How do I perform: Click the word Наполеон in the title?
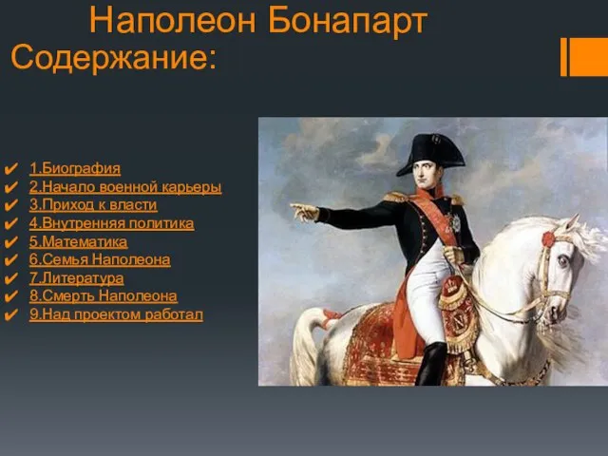(x=173, y=21)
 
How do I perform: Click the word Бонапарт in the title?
(x=348, y=21)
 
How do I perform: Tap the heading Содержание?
(x=113, y=57)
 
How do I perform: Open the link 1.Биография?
(x=75, y=169)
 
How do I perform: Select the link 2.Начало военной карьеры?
(x=125, y=187)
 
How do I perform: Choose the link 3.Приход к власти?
(x=93, y=205)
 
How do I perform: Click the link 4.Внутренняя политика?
(x=112, y=224)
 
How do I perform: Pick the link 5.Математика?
(x=78, y=242)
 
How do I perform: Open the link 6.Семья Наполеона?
(x=100, y=259)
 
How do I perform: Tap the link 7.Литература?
(x=77, y=278)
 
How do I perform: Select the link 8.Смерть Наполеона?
(x=104, y=296)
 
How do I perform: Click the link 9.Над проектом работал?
(x=116, y=314)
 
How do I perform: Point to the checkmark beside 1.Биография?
(x=10, y=169)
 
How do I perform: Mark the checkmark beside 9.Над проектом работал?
(x=10, y=314)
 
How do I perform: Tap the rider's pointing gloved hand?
(x=304, y=212)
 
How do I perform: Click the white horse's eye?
(x=563, y=260)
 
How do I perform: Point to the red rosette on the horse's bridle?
(x=548, y=238)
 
